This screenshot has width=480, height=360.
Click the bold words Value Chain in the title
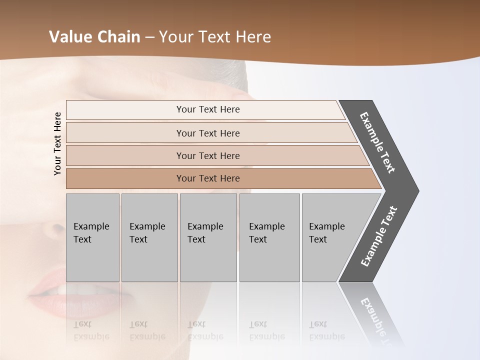click(x=94, y=36)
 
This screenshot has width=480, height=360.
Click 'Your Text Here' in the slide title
click(x=215, y=36)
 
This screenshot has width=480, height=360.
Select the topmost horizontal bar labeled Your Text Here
click(x=208, y=109)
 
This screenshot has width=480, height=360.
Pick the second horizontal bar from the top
click(x=208, y=133)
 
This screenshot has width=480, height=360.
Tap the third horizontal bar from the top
click(x=208, y=155)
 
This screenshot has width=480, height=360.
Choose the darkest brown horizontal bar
click(x=208, y=178)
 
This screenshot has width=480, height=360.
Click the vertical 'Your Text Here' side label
click(x=57, y=144)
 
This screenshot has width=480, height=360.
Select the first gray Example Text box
click(x=92, y=237)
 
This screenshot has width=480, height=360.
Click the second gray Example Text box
click(x=149, y=237)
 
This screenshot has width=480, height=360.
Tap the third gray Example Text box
click(x=208, y=237)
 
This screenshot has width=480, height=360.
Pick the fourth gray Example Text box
click(x=269, y=237)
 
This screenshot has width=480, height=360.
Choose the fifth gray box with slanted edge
click(x=330, y=237)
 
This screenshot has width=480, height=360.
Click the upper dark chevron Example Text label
click(x=377, y=142)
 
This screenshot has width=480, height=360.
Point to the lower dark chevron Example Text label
click(x=379, y=236)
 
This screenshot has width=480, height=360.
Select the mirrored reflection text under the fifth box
click(x=326, y=330)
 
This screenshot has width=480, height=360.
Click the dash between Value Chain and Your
click(x=149, y=36)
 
